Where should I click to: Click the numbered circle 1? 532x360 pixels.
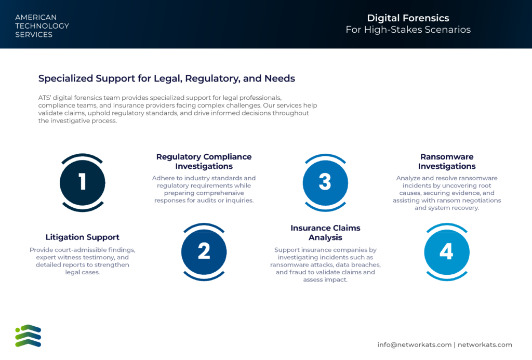pos(83,182)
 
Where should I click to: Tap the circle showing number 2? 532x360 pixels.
pos(204,252)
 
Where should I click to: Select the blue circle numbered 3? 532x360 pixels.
pos(325,182)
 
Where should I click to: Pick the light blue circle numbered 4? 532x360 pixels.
pos(447,252)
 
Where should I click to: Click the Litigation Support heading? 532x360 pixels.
pos(83,237)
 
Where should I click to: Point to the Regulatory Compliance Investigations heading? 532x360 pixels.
pos(204,161)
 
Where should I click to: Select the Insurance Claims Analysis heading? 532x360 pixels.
pos(325,232)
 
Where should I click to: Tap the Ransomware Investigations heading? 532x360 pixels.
pos(447,161)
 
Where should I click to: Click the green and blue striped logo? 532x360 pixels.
pos(28,336)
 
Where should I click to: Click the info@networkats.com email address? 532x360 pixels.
pos(414,345)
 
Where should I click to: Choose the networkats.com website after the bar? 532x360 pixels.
pos(485,345)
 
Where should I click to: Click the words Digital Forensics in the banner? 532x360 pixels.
pos(408,18)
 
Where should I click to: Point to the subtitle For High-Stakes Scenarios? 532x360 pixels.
pos(408,30)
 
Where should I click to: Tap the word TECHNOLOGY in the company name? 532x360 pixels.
pos(42,26)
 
